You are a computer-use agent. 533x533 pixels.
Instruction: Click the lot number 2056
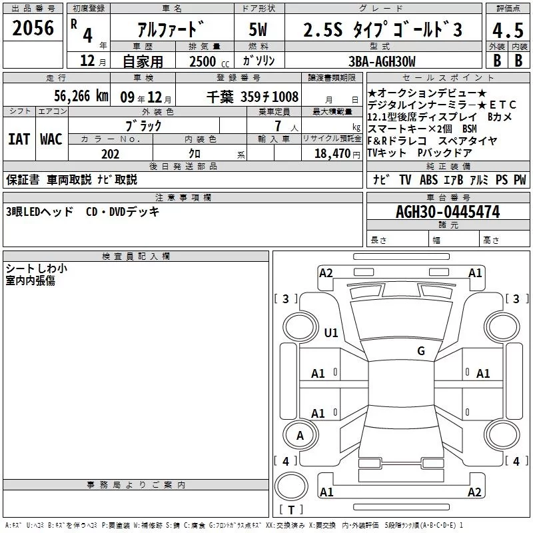(33, 28)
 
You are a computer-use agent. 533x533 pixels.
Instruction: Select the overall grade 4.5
(508, 30)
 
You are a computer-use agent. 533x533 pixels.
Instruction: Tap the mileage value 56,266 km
(81, 96)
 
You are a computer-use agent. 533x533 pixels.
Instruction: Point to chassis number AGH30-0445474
(448, 212)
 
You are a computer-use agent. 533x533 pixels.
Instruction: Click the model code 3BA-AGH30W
(382, 61)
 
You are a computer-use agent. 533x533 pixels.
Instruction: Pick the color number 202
(110, 154)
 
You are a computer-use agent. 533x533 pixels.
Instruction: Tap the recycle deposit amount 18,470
(332, 154)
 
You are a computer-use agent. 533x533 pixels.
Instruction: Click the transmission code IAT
(19, 139)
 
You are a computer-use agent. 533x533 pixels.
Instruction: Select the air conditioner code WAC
(51, 139)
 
